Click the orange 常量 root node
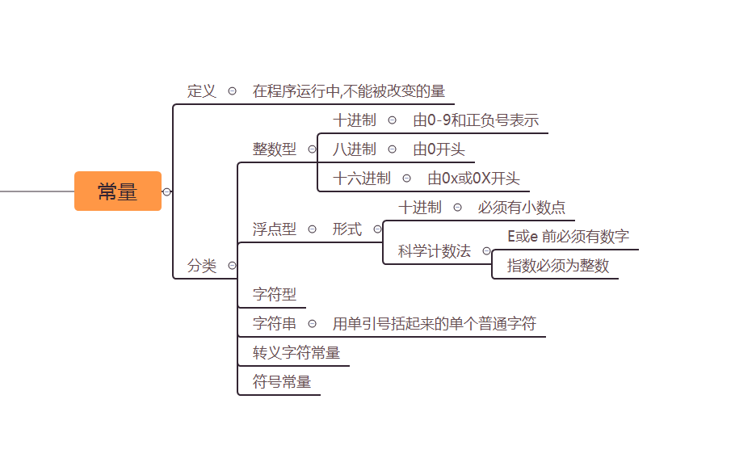pos(118,191)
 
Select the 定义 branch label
pos(202,91)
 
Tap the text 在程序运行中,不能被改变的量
pos(348,91)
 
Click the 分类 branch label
pos(202,266)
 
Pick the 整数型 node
pos(274,149)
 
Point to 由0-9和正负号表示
pos(475,120)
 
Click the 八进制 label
pos(354,149)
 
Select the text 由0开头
pos(439,149)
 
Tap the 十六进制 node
pos(361,179)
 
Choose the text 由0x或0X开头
pos(473,179)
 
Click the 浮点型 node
pos(274,229)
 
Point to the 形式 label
pos(346,229)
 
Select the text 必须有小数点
pos(521,208)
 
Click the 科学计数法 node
pos(434,251)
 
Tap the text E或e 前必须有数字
pos(568,237)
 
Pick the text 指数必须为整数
pos(557,266)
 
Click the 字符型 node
pos(274,295)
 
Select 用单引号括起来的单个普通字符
pos(434,324)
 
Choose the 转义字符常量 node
pos(296,353)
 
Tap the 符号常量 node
pos(281,382)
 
